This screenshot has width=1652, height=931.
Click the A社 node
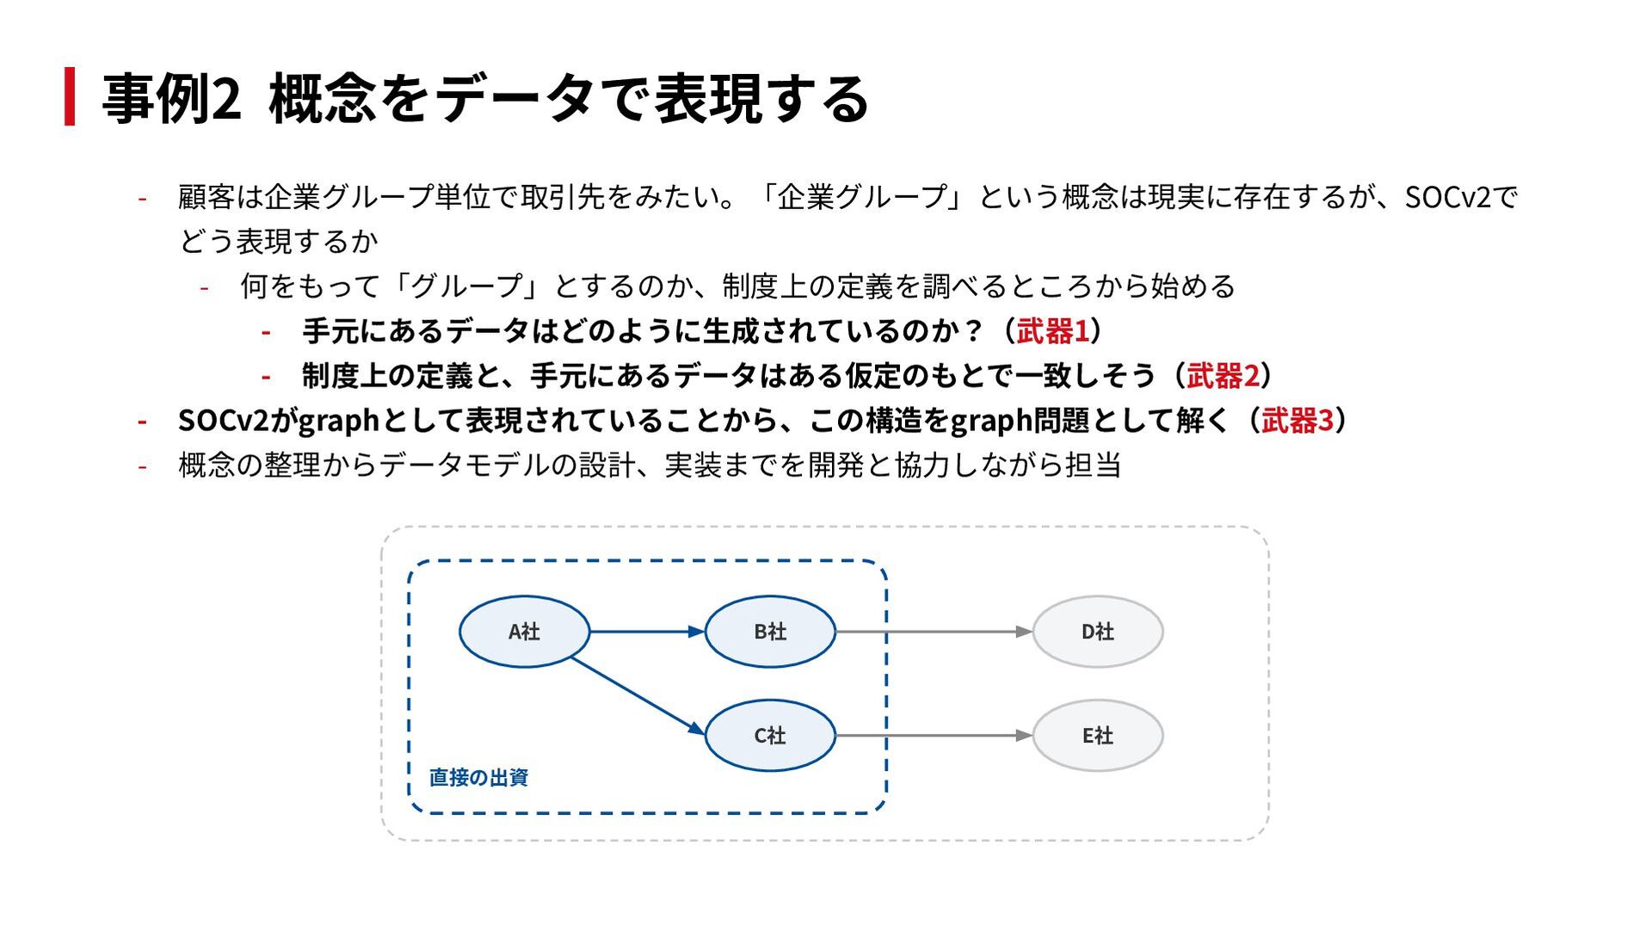524,632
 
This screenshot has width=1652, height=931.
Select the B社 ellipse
770,632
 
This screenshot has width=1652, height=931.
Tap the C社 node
770,736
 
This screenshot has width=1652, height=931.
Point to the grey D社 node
1098,632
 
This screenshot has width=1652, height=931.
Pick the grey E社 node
1098,736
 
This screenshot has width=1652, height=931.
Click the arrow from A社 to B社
647,632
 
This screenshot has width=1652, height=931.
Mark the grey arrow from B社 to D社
934,632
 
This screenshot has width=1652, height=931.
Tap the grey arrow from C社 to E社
934,736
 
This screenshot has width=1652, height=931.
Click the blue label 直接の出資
478,778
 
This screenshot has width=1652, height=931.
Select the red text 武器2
1223,376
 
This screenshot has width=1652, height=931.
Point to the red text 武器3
1298,421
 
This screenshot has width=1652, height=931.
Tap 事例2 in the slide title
171,98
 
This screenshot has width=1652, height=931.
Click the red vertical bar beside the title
70,96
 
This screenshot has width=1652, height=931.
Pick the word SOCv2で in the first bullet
1461,198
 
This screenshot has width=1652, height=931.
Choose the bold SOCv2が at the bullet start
236,421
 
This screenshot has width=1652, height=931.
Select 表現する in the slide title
761,98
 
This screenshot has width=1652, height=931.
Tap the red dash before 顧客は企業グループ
142,199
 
